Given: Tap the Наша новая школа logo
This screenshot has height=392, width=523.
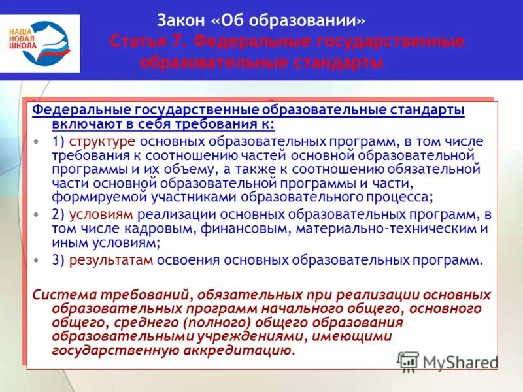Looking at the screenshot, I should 40,43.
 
